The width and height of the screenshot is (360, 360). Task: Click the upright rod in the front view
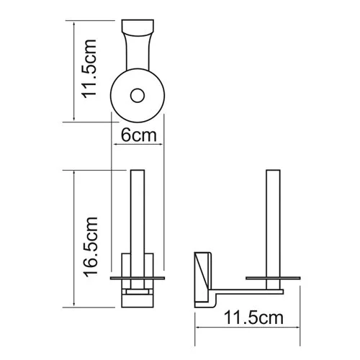tap(138, 216)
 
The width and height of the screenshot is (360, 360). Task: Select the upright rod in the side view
tap(274, 223)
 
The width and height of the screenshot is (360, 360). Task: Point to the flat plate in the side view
tap(274, 276)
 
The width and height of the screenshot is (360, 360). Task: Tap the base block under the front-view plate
tap(138, 295)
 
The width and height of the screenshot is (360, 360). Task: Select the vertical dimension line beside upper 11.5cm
tap(74, 71)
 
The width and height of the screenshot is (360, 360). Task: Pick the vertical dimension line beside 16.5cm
tap(74, 238)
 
